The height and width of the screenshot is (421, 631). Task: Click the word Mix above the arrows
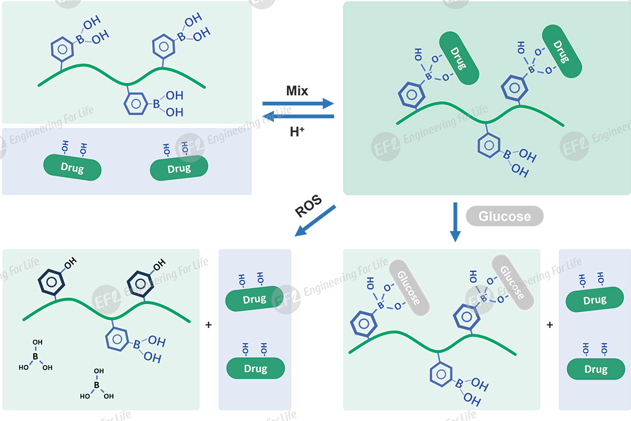coord(297,91)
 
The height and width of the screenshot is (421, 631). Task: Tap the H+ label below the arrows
coord(297,132)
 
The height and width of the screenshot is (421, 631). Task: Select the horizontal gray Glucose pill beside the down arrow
coord(504,216)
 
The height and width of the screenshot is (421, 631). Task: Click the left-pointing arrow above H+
coord(298,116)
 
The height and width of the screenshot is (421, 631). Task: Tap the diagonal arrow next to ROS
coord(315,220)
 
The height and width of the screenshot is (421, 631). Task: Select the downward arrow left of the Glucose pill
coord(455,222)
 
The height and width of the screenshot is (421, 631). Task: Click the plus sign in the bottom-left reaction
coord(209,325)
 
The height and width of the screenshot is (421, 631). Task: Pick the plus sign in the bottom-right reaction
coord(549,325)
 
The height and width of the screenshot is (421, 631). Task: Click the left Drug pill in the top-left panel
coord(72,168)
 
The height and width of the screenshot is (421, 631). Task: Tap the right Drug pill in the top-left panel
coord(179,168)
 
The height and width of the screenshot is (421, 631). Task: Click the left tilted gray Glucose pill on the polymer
coord(410,287)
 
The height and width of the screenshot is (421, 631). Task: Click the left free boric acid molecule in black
coord(35,356)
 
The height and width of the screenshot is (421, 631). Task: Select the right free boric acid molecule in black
coord(97,384)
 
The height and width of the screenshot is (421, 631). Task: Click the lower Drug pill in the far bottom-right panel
coord(596,369)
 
